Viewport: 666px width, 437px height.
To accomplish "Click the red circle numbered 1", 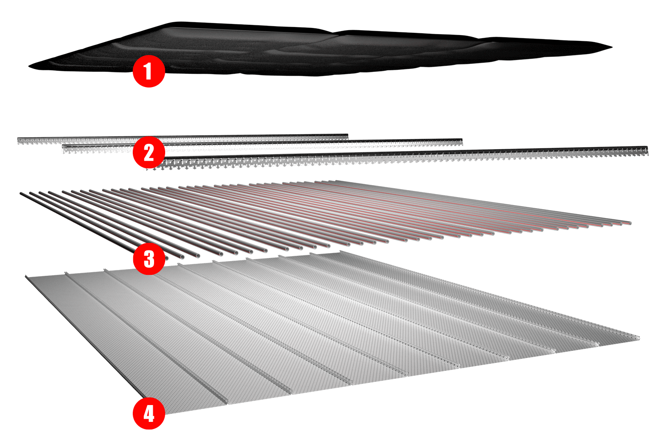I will click(x=149, y=71).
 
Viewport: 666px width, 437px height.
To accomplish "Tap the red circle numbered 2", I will click(x=149, y=152).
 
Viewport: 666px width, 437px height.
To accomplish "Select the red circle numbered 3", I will click(x=149, y=258).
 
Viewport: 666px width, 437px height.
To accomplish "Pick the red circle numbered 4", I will click(x=149, y=413).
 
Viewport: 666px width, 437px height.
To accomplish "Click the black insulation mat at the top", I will click(x=311, y=51).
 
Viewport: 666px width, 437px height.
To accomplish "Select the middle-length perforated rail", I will click(x=311, y=144).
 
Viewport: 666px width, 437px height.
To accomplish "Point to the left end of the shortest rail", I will click(x=19, y=141).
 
